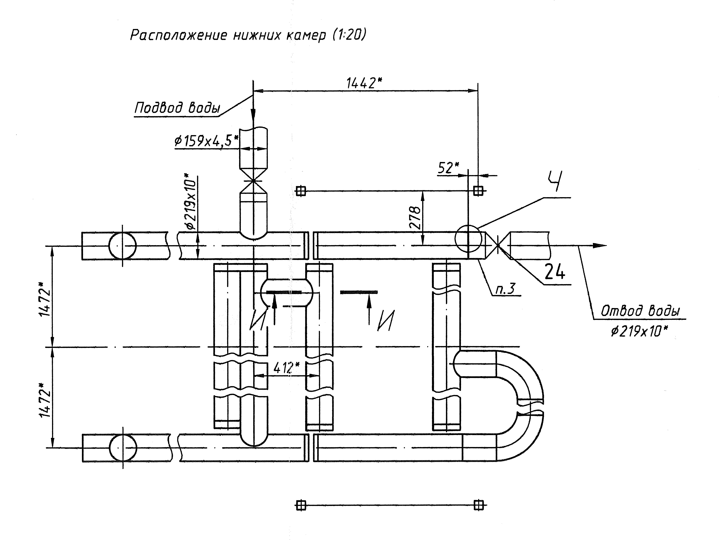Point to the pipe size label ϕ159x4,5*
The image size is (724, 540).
coord(206,141)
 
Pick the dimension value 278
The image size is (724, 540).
coord(415,217)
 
